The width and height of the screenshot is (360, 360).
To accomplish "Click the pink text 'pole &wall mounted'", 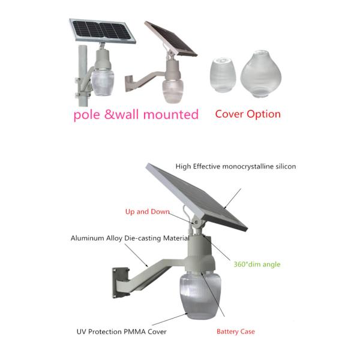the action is click(136, 115).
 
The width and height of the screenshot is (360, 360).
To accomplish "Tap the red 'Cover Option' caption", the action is click(248, 114).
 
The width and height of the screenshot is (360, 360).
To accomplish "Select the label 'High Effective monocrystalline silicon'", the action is click(236, 166).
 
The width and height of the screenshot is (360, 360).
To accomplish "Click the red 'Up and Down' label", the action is click(148, 211).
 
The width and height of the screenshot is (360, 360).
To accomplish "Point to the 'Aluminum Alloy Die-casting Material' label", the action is click(130, 238).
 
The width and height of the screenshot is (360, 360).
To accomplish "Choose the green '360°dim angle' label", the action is click(257, 264).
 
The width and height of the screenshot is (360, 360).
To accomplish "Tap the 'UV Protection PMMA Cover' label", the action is click(121, 332).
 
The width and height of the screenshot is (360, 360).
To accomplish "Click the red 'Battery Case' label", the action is click(236, 332).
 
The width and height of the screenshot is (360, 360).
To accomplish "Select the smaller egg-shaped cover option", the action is click(223, 75).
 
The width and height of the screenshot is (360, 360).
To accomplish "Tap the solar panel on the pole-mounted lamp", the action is click(103, 31).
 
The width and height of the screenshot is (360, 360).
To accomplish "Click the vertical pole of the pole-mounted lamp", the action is click(83, 76).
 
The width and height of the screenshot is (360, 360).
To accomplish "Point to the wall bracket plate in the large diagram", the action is click(120, 283).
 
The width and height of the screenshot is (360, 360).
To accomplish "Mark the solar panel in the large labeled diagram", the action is click(197, 197).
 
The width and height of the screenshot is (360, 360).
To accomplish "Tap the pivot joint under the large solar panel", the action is click(196, 222).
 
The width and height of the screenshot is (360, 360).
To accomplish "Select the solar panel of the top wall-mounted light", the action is click(171, 39).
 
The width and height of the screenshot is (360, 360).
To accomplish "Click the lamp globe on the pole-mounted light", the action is click(103, 82).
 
